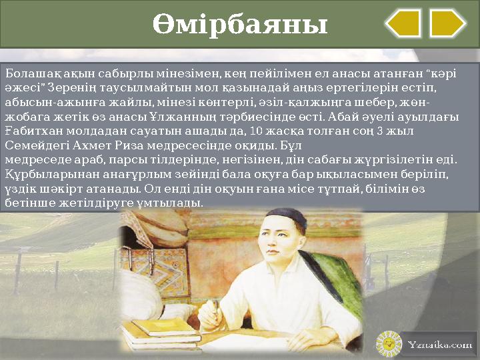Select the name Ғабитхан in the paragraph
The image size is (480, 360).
29,131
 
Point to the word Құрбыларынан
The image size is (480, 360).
42,174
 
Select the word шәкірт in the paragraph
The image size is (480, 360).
56,189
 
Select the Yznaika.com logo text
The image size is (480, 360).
440,345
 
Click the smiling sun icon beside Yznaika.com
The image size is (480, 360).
389,344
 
